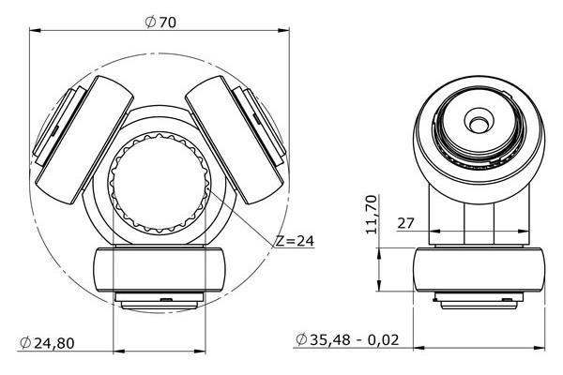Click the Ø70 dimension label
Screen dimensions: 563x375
pyautogui.click(x=160, y=22)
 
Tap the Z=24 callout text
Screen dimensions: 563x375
pyautogui.click(x=295, y=241)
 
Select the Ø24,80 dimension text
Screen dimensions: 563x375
pyautogui.click(x=47, y=343)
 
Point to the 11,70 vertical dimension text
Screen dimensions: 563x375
pyautogui.click(x=372, y=215)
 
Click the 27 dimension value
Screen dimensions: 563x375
pyautogui.click(x=405, y=223)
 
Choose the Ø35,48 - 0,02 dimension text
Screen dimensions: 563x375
pyautogui.click(x=347, y=339)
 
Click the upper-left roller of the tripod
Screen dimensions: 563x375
pyautogui.click(x=84, y=141)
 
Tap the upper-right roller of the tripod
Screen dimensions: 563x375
pyautogui.click(x=236, y=140)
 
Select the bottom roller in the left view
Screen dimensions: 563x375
pyautogui.click(x=160, y=269)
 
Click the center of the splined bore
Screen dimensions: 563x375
pyautogui.click(x=160, y=183)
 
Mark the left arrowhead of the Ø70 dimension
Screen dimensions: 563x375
pyautogui.click(x=34, y=31)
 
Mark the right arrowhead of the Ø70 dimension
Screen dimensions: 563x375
pyautogui.click(x=284, y=31)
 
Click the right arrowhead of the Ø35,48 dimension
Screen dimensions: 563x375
pyautogui.click(x=540, y=348)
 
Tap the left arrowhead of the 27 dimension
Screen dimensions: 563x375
pyautogui.click(x=434, y=232)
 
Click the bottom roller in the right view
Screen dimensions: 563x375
pyautogui.click(x=479, y=269)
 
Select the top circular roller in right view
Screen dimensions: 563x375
pyautogui.click(x=479, y=140)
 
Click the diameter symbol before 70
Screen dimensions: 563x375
pyautogui.click(x=150, y=22)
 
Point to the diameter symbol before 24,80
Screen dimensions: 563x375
pyautogui.click(x=25, y=343)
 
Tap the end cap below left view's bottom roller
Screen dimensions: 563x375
pyautogui.click(x=160, y=301)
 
